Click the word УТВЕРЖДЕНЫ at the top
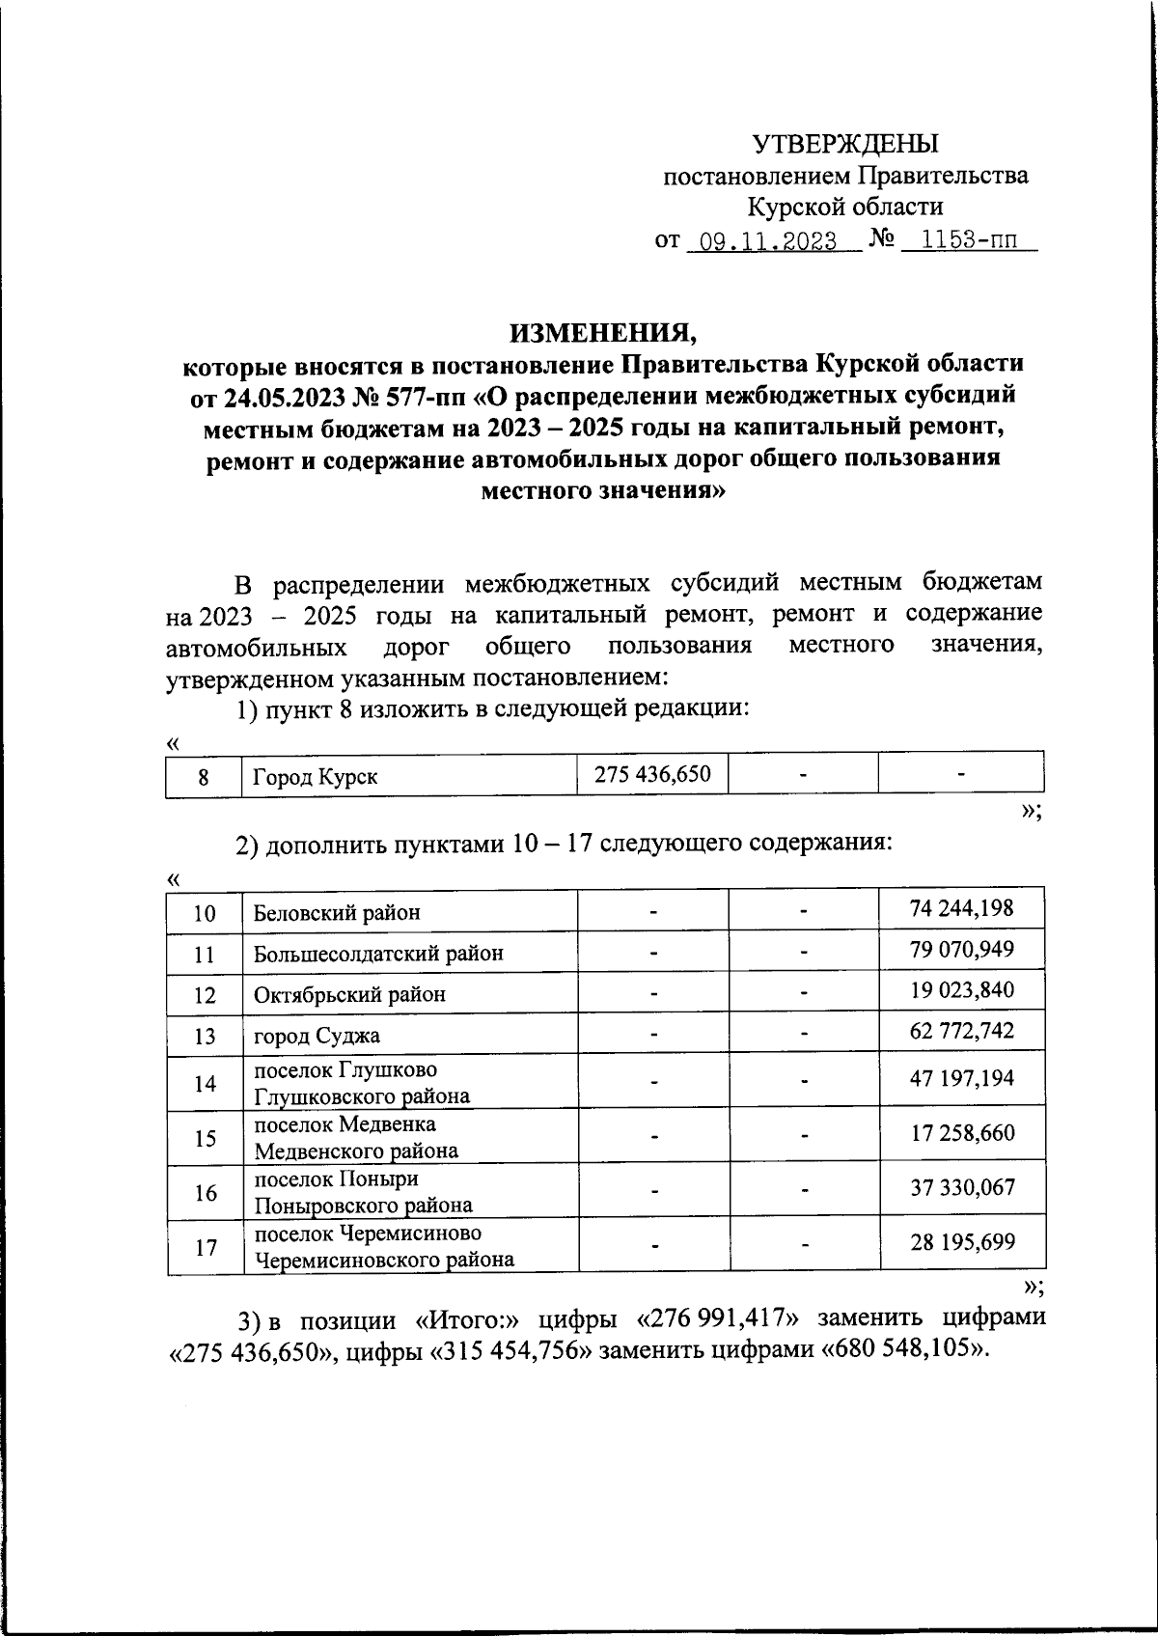[844, 144]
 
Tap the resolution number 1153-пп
[965, 241]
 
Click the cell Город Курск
[315, 777]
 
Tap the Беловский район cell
[337, 912]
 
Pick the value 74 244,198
[961, 907]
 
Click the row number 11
[205, 954]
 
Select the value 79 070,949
[961, 949]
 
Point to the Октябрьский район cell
[349, 994]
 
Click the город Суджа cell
[317, 1036]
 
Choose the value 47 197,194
[961, 1078]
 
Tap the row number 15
[205, 1138]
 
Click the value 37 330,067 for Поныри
[962, 1187]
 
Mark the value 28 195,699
[962, 1241]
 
